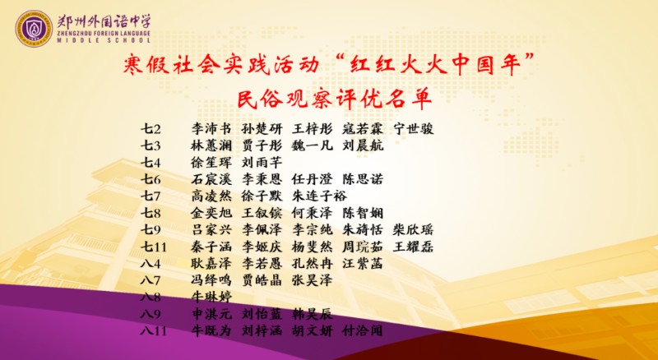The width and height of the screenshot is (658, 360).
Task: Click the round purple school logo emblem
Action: pos(34,28)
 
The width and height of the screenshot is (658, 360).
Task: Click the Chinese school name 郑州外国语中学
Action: pos(104,21)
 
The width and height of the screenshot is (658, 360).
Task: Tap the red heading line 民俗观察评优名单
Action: pos(334,99)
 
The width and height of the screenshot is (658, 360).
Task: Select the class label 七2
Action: pos(151,129)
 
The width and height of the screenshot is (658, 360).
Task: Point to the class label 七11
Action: pos(153,247)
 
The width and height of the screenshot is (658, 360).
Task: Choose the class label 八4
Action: pos(151,264)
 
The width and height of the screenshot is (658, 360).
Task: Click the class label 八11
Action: pos(153,331)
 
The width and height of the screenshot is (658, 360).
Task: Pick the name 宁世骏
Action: pos(414,129)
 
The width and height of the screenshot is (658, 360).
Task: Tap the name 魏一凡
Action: pos(313,145)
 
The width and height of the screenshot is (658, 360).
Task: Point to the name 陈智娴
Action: pos(363,213)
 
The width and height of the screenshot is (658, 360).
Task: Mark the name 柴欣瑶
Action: pos(414,230)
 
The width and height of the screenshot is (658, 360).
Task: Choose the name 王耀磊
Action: pos(414,247)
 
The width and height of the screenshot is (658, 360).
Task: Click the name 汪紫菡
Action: pos(363,264)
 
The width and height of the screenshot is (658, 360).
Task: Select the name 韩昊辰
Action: pos(313,314)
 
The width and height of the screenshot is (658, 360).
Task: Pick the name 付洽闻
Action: pos(363,331)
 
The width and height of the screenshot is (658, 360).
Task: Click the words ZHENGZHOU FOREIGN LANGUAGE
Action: pos(104,33)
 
